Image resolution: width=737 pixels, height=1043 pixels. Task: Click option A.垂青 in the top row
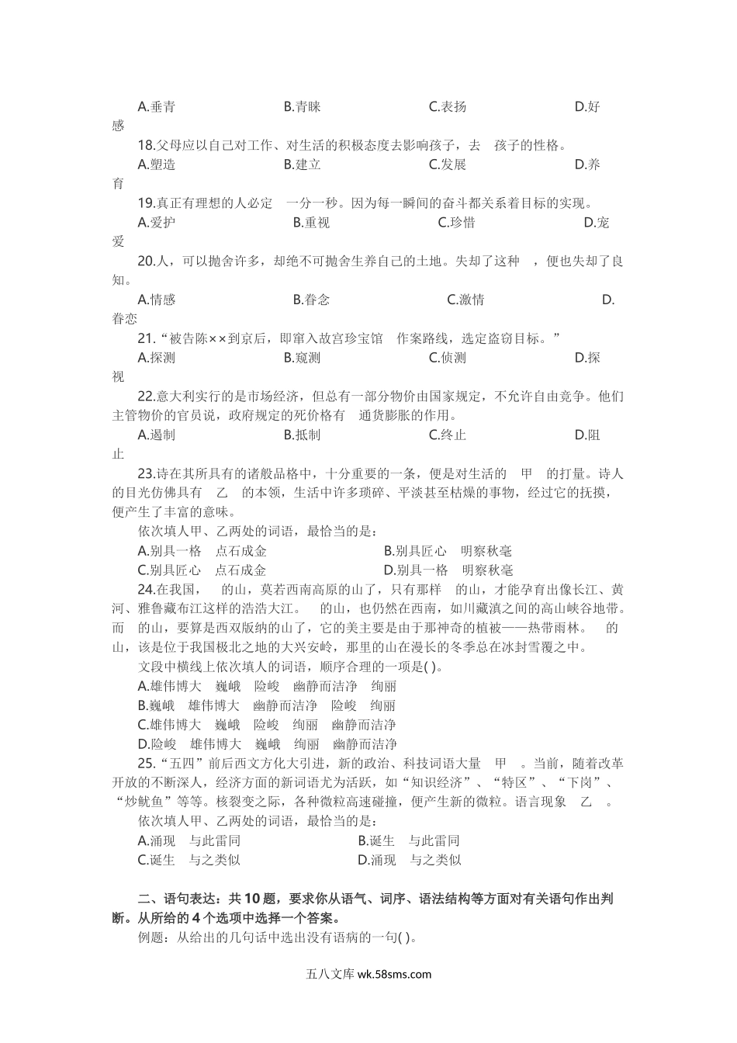coord(156,106)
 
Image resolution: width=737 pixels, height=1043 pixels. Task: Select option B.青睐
coord(302,106)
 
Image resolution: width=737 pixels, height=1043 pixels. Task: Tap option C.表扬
coord(448,106)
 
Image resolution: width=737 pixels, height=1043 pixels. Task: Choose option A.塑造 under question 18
coord(156,165)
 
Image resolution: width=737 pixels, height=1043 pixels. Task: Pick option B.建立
coord(302,165)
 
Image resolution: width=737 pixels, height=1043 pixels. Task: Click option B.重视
coord(311,223)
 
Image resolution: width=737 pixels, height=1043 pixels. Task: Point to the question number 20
coord(146,261)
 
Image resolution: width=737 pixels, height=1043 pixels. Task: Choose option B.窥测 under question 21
coord(302,358)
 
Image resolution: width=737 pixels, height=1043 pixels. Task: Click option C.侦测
coord(448,358)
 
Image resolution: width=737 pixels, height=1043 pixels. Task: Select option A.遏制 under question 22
coord(156,435)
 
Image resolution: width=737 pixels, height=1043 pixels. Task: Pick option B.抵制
coord(302,435)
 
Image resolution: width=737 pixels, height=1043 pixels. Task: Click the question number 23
coord(146,473)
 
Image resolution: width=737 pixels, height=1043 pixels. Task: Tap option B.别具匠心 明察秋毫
coord(448,551)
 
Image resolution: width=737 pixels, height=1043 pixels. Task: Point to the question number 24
coord(146,590)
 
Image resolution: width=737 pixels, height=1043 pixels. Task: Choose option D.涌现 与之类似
coord(410,860)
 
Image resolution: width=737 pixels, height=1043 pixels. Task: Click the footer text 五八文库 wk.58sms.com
coord(368,975)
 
